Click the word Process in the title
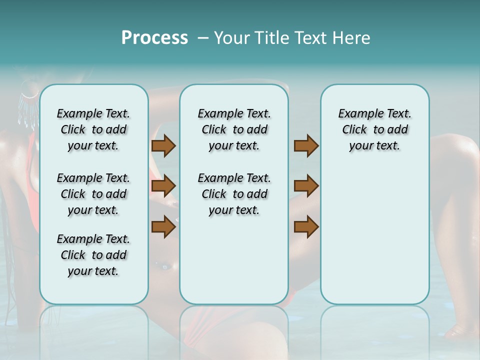click(x=154, y=38)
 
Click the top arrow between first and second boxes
click(x=163, y=146)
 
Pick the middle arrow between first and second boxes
click(x=163, y=186)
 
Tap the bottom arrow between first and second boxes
click(x=163, y=226)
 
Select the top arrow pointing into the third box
click(x=306, y=146)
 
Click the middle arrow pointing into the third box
click(x=306, y=186)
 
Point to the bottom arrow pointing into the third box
click(x=306, y=226)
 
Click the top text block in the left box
click(x=93, y=129)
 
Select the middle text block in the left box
click(x=93, y=194)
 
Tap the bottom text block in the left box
click(x=93, y=255)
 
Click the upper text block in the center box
click(x=234, y=129)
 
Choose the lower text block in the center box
click(x=234, y=194)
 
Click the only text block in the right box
click(x=374, y=129)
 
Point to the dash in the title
click(x=203, y=38)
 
